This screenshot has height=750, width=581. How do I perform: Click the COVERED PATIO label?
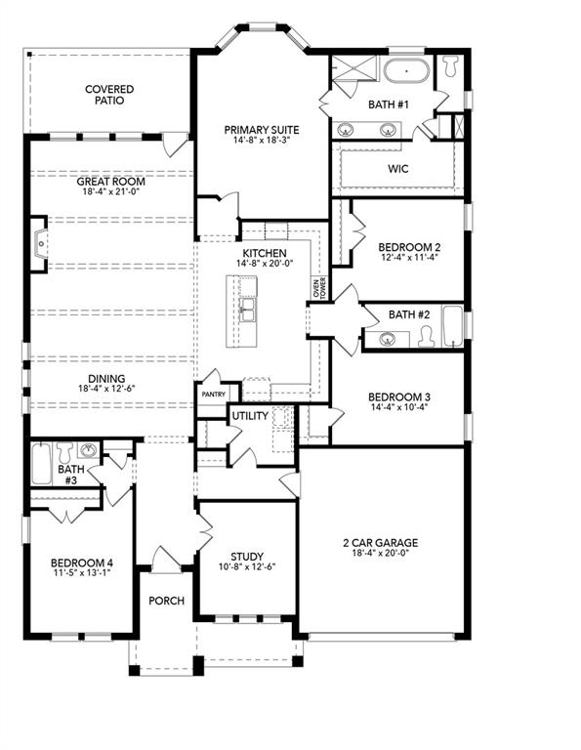tap(108, 95)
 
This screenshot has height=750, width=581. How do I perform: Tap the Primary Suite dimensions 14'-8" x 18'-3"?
tap(261, 140)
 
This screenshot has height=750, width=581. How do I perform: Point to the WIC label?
tap(397, 168)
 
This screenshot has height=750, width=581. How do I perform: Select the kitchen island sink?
tap(248, 310)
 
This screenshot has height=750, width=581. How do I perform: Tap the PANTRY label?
tap(213, 395)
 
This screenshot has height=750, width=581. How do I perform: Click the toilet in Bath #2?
tap(428, 337)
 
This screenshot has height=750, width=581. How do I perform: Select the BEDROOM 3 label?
tap(399, 396)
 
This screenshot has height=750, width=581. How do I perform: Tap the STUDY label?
tap(247, 557)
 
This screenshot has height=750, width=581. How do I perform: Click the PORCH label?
tap(166, 600)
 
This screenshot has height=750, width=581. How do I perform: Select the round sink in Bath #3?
tap(89, 451)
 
